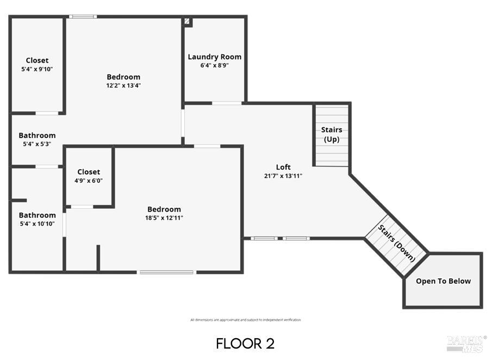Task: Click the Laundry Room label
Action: click(x=214, y=57)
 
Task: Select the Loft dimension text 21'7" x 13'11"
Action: click(x=283, y=176)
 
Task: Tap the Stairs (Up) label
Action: click(x=331, y=134)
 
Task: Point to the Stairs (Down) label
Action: click(x=397, y=244)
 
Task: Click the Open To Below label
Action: click(x=443, y=281)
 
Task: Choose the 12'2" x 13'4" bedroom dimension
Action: click(x=123, y=85)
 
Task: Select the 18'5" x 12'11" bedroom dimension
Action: click(x=164, y=218)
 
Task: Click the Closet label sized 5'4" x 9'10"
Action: click(x=37, y=60)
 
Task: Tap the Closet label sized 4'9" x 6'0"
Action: click(x=89, y=172)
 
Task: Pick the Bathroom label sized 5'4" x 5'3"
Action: click(x=37, y=135)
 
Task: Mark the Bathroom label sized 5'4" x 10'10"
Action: click(x=37, y=215)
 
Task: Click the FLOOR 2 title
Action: click(x=245, y=344)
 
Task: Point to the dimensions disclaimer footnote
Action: click(x=245, y=320)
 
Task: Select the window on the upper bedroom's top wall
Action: click(x=83, y=17)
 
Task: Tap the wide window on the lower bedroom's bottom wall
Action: click(x=166, y=272)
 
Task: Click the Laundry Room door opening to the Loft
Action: click(x=227, y=103)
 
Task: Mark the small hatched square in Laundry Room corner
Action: click(x=188, y=22)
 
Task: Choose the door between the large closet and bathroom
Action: click(x=47, y=113)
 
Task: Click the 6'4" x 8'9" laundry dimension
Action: click(x=214, y=65)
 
